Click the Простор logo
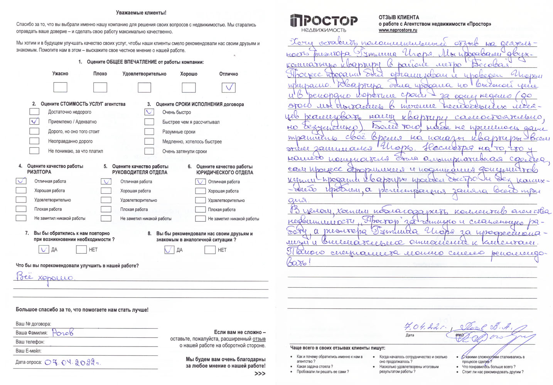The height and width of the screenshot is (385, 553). point(324,23)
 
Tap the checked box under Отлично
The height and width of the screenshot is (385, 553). point(229,87)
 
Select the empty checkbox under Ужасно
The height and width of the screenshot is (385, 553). point(60,87)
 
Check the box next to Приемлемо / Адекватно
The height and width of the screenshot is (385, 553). point(34,121)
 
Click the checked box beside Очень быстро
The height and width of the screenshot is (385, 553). point(149,112)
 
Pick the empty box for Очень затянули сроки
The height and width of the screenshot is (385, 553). point(149,151)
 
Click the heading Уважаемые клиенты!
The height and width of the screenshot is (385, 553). point(141,13)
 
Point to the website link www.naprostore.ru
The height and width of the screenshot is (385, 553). point(398,30)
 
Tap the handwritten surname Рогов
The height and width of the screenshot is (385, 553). point(62,332)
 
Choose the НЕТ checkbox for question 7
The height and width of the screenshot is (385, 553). point(81,249)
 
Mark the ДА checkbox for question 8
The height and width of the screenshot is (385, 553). point(169,250)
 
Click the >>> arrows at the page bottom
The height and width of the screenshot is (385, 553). point(260,373)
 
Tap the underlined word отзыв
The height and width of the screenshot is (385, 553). point(259,339)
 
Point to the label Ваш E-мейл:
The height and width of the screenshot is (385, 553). point(29,351)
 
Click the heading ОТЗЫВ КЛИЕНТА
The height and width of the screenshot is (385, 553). point(399,17)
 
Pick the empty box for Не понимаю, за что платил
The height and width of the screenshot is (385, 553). point(34,151)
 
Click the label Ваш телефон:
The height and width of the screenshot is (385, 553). point(30,342)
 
